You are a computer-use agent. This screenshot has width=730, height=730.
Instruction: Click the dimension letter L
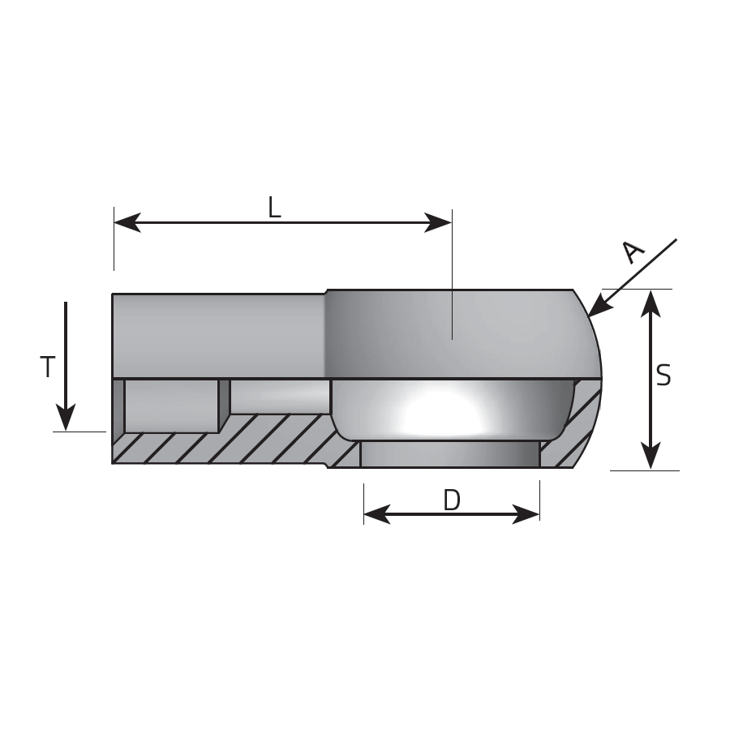point(275,208)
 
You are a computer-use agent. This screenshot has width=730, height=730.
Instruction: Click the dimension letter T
point(48,367)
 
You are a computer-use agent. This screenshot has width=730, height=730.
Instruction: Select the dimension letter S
point(663,376)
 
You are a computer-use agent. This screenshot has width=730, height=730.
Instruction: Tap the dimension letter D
point(452,500)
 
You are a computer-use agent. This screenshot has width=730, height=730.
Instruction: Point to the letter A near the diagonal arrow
point(633,252)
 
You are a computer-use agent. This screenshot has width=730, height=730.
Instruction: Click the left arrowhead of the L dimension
point(127,222)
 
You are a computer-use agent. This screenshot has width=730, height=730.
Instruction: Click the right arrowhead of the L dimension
point(438,222)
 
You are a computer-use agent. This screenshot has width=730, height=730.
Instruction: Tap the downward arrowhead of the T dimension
point(66,417)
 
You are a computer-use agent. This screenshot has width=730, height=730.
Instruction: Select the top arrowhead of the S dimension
point(651,303)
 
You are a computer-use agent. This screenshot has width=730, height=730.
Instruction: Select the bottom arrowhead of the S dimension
point(651,456)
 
